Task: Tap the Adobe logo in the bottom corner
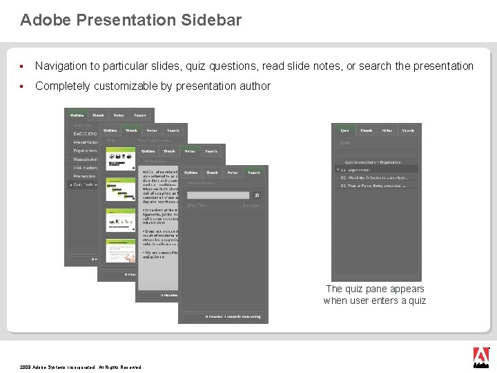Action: pyautogui.click(x=481, y=356)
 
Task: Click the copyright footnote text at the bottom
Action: pyautogui.click(x=80, y=367)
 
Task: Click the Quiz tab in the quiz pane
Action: pyautogui.click(x=344, y=130)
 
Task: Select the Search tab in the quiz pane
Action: pyautogui.click(x=408, y=130)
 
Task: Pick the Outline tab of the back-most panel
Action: pyautogui.click(x=77, y=115)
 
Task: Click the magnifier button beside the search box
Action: pyautogui.click(x=257, y=195)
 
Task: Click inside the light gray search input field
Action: pyautogui.click(x=217, y=195)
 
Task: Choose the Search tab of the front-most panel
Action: pyautogui.click(x=254, y=173)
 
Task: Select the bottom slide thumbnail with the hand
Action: pyautogui.click(x=120, y=250)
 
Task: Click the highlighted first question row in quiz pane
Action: pyautogui.click(x=377, y=169)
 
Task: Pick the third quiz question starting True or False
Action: pyautogui.click(x=378, y=186)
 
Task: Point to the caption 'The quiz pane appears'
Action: pyautogui.click(x=375, y=289)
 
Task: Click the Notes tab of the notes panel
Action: pyautogui.click(x=190, y=151)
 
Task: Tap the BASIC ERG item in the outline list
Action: pyautogui.click(x=85, y=133)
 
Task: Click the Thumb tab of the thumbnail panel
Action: pyautogui.click(x=131, y=130)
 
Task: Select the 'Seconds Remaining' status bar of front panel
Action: pyautogui.click(x=223, y=316)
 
